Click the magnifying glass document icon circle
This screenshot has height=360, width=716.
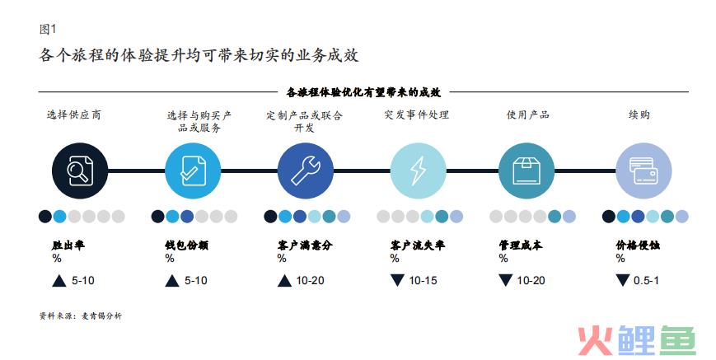coord(80,171)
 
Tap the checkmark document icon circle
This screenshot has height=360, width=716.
coord(193,171)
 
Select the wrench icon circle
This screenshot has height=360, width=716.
coord(306,171)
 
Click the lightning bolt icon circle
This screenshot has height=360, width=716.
coord(418,171)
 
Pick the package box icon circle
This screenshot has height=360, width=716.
coord(526,171)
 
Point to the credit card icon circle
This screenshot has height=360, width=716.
coord(643,171)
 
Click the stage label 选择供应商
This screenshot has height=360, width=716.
coord(74,115)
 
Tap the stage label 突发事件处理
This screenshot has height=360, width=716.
coord(416,115)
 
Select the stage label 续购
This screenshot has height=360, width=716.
coord(639,115)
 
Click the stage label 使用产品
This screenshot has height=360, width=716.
coord(528,115)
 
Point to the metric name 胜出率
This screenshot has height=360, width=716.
coord(68,245)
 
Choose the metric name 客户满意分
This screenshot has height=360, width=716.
coord(305,245)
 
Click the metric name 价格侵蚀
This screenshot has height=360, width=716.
coord(638,245)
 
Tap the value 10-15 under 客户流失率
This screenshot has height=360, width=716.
coord(423,281)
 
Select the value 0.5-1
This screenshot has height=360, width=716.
coord(646,281)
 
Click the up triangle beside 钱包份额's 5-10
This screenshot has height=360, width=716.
coord(171,281)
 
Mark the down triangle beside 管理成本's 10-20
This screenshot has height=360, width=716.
coord(506,280)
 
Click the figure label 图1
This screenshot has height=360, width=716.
coord(48,29)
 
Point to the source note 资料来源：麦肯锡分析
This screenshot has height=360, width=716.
coord(81,316)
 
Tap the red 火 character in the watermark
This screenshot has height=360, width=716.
coord(595,340)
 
